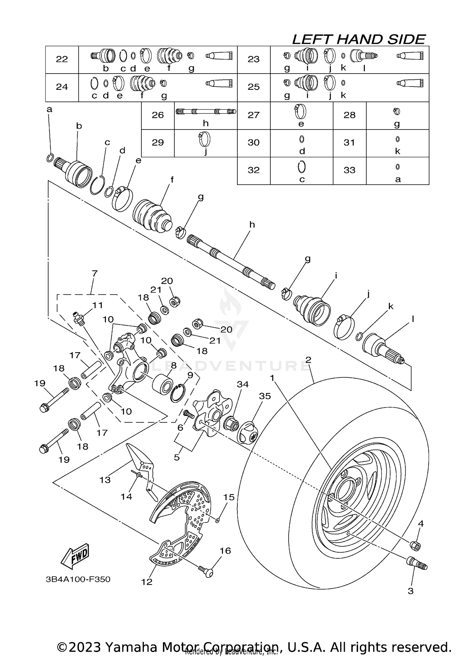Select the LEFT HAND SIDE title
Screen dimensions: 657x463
pos(358,40)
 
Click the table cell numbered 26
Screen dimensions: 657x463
pos(158,115)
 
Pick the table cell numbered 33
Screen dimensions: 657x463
pos(349,170)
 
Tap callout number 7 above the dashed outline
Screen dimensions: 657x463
pos(94,274)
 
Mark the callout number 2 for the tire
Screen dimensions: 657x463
pos(308,360)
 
